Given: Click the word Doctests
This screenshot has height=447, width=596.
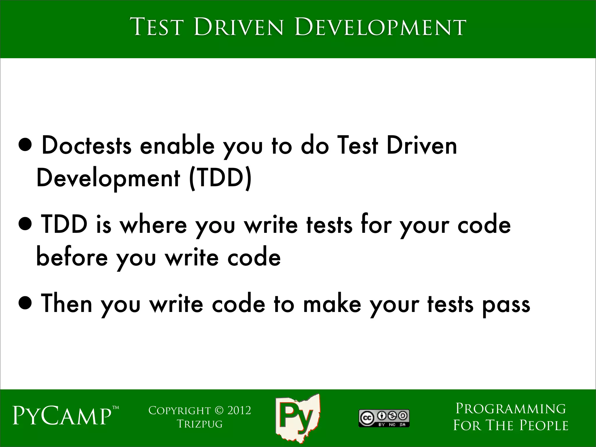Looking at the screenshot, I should tap(86, 146).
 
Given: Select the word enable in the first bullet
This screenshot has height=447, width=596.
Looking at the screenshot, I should tap(177, 146).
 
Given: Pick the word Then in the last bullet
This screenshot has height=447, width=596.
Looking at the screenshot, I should tap(67, 304).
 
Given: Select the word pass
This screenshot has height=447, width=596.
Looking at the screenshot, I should tap(506, 305).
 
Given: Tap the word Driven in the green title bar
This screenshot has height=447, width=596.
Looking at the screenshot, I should tap(238, 28).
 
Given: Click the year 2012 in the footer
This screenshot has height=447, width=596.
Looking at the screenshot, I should tap(239, 410).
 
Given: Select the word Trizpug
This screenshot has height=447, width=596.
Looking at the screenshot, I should tap(200, 424).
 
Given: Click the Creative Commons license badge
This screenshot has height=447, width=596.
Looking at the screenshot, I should tap(384, 418).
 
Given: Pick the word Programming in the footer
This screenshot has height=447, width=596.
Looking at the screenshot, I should tap(511, 409).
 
